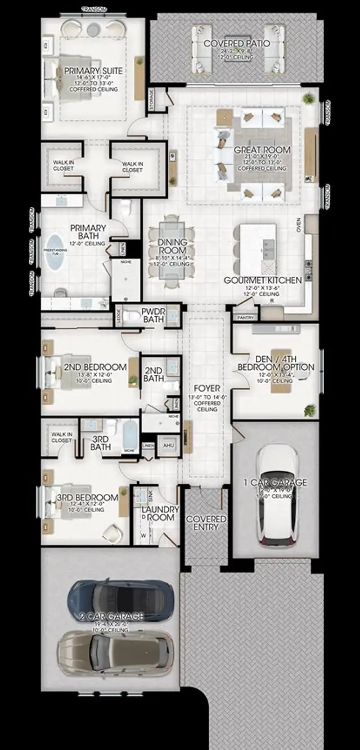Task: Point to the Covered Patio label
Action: click(x=236, y=43)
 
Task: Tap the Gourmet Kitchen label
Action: click(x=263, y=280)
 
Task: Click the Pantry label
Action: click(x=246, y=318)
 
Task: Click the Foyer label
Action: click(x=206, y=388)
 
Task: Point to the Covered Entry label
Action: click(x=206, y=523)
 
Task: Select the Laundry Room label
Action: click(x=160, y=513)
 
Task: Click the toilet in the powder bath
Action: click(x=130, y=316)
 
